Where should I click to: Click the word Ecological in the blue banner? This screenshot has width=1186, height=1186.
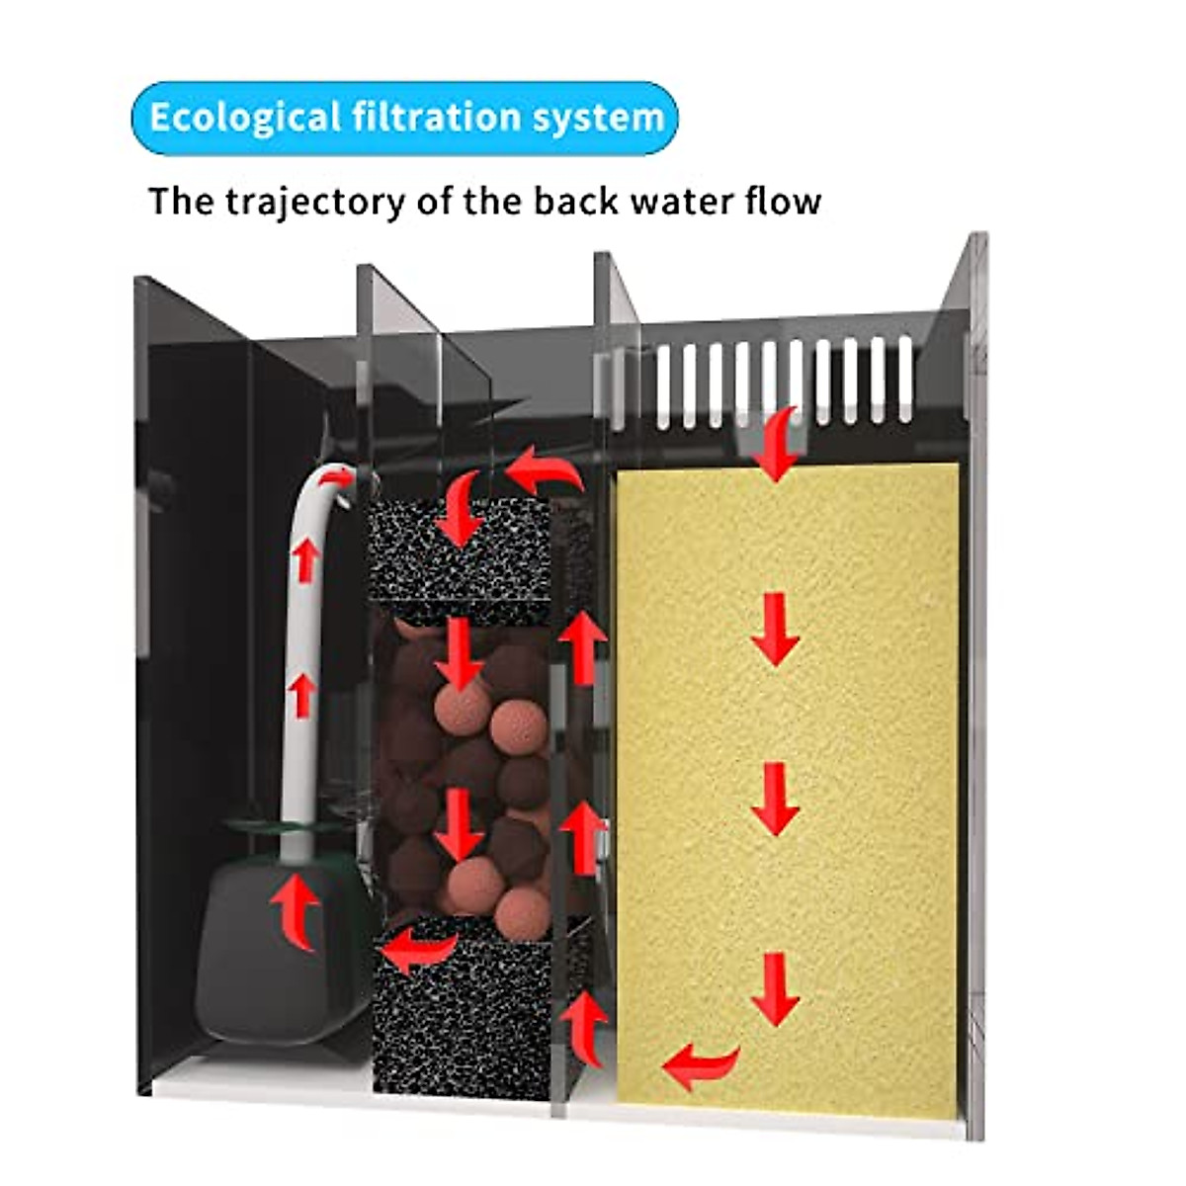244,118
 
